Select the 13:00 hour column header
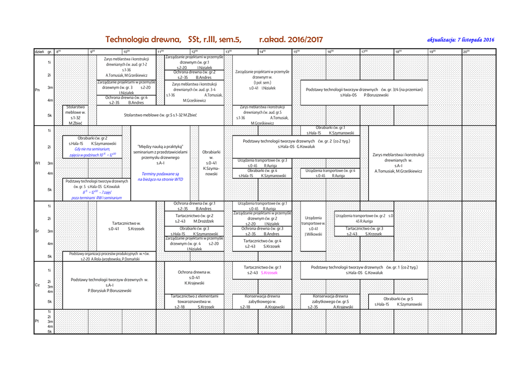tap(228, 51)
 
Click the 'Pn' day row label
tap(37, 89)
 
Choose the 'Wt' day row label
tap(37, 163)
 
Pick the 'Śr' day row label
tap(37, 231)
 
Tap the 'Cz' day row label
tap(37, 285)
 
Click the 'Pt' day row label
tap(37, 321)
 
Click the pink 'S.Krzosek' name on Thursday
tap(270, 273)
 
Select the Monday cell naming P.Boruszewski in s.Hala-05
tap(364, 92)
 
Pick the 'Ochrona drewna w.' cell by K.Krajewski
tap(194, 277)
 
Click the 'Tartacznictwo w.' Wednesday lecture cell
tap(127, 225)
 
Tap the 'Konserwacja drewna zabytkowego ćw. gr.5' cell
tap(330, 301)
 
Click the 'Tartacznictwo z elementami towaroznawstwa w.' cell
tap(194, 301)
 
